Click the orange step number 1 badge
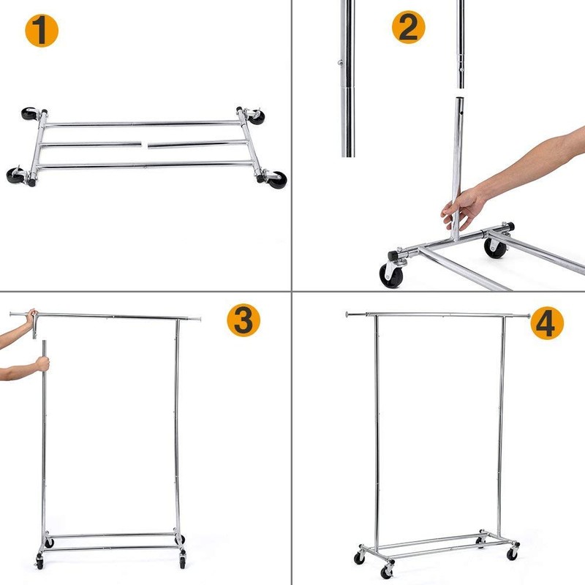coord(41,31)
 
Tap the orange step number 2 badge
coord(409,28)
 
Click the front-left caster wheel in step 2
coord(390,273)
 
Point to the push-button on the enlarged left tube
coord(341,63)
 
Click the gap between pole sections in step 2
coord(460,93)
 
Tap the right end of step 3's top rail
coord(198,320)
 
